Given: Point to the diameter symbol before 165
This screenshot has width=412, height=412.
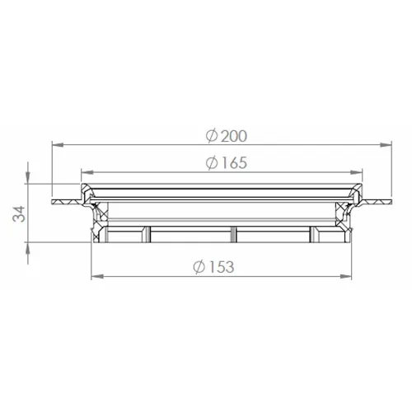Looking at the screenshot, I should (x=211, y=163).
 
